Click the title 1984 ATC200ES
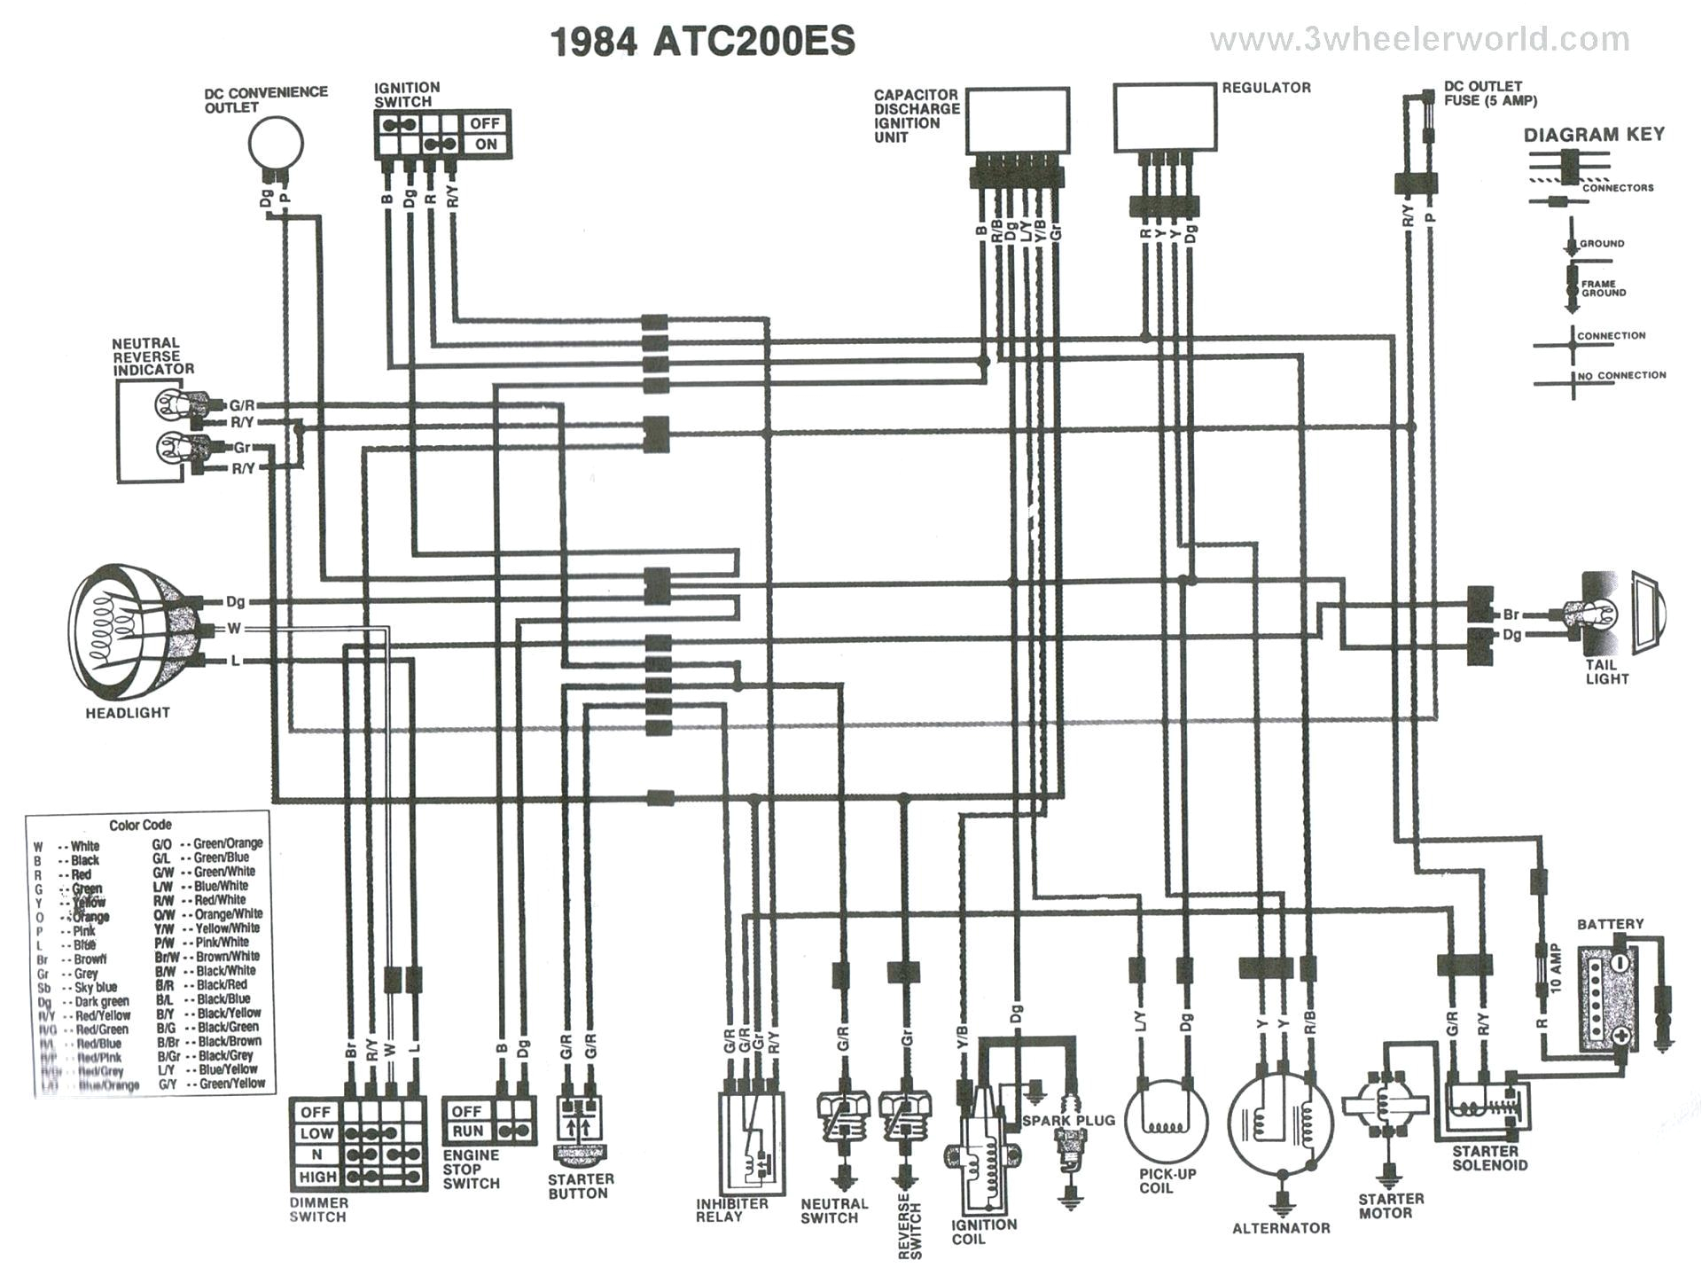click(703, 41)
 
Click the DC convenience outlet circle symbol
click(276, 143)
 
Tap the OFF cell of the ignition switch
click(485, 123)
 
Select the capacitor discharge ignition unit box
click(1017, 120)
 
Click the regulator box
click(1164, 117)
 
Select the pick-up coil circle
click(1166, 1119)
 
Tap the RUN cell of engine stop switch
click(467, 1131)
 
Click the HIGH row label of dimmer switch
click(317, 1177)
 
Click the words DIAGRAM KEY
click(1593, 135)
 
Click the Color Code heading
click(140, 825)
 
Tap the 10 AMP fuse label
click(1558, 969)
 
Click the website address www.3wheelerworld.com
click(1419, 39)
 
